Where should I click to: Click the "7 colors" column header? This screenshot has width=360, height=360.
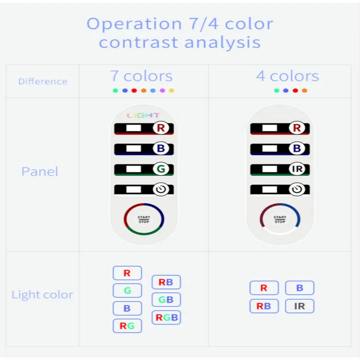coord(141,76)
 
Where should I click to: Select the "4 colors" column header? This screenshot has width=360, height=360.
coord(288,76)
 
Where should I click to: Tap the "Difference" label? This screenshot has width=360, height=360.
coord(43,81)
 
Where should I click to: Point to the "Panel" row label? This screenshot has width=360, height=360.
coord(40,171)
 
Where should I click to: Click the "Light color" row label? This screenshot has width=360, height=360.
coord(42,295)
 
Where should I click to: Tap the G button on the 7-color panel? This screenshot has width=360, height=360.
coord(161,169)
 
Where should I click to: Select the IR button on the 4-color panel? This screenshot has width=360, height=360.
coord(297,169)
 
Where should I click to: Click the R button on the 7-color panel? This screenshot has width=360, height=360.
coord(161,128)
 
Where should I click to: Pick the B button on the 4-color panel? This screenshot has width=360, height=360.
coord(297,148)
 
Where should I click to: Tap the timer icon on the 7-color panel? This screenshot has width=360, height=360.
coord(161,189)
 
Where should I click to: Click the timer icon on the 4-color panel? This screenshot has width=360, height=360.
coord(297,189)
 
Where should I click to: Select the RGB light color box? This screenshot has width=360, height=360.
coord(166,318)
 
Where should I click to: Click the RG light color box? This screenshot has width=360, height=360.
coord(127,326)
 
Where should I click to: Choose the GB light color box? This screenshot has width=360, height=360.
coord(166,300)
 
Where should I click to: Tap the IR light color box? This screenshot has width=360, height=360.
coord(299,306)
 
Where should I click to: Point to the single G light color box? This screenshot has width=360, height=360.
coord(127,291)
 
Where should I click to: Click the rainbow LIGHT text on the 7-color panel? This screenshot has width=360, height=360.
coord(143,115)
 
